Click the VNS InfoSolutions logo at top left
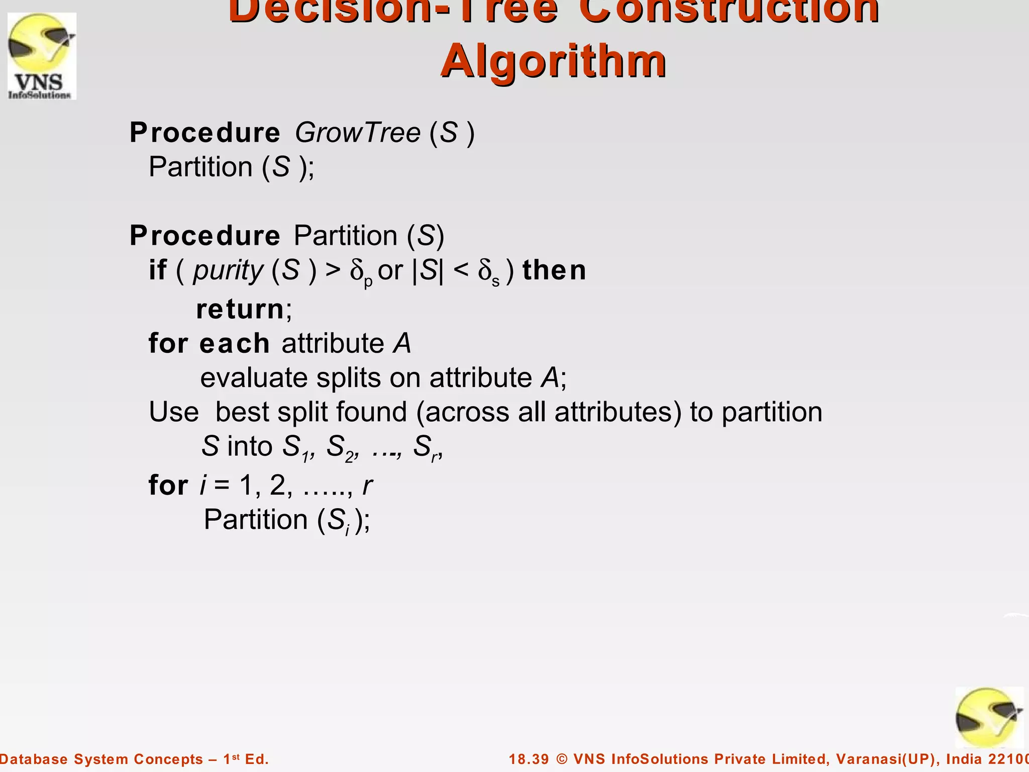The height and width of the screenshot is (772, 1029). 42,56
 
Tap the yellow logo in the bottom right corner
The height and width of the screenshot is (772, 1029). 989,718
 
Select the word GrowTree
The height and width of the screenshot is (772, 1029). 357,133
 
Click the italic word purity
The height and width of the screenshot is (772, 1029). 228,270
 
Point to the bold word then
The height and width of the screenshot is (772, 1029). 554,270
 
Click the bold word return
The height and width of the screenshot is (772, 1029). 240,309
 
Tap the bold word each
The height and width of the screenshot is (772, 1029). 235,344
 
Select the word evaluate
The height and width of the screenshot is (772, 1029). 254,378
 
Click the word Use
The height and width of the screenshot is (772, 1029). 174,412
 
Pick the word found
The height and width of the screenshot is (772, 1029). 371,412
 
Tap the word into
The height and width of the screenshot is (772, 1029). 250,446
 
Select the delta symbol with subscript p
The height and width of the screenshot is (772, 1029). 361,272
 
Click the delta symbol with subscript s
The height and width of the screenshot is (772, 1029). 488,272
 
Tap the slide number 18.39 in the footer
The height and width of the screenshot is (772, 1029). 529,759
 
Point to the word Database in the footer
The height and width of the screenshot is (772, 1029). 34,759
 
